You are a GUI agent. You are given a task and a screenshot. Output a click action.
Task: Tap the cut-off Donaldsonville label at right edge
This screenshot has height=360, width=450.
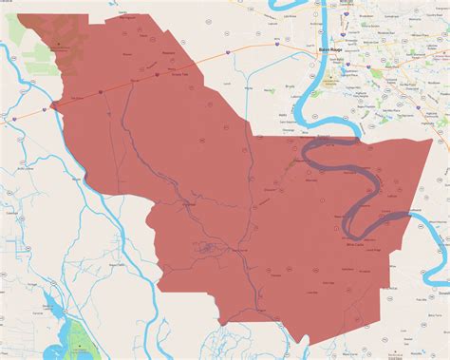tap(443, 294)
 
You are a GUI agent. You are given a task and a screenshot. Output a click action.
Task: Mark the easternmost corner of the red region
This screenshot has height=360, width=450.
tap(433, 141)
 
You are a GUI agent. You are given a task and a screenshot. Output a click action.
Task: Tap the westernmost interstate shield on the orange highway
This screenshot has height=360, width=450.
tap(14, 118)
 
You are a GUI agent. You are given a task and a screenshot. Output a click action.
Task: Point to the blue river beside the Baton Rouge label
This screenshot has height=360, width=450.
tap(309, 57)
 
